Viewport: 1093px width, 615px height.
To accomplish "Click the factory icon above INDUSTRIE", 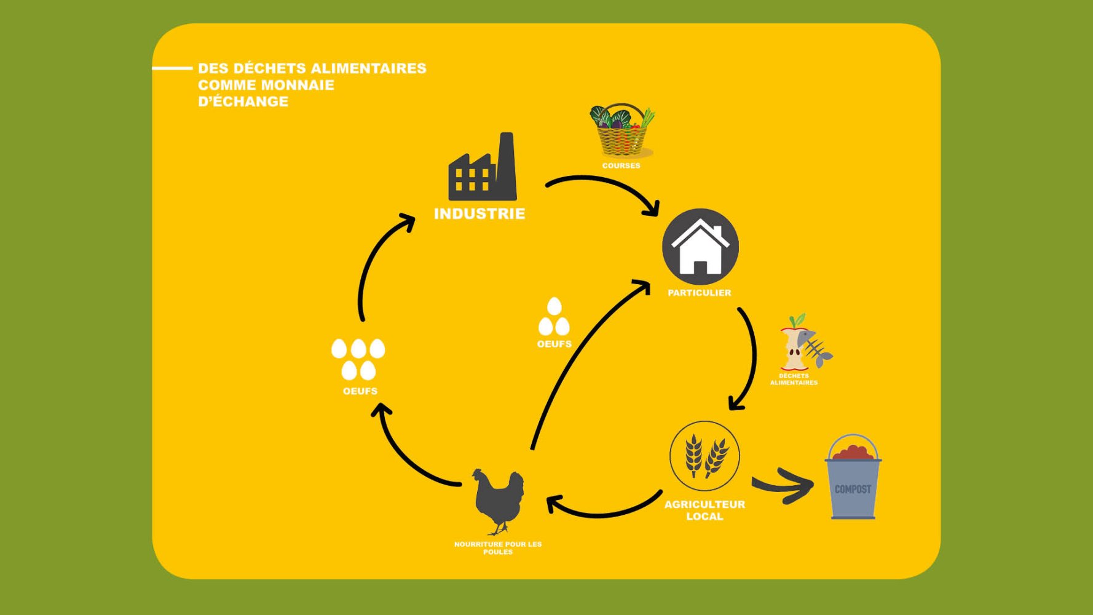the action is tap(483, 167).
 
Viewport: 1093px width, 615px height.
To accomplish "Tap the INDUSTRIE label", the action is tap(479, 213).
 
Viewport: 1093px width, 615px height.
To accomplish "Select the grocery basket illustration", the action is tap(622, 131).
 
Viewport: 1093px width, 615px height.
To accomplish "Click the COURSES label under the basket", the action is tap(621, 165).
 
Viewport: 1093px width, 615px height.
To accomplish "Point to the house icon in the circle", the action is tap(700, 247).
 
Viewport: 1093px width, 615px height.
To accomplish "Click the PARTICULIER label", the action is tap(700, 293).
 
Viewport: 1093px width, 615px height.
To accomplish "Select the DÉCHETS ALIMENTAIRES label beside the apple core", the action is tap(794, 379).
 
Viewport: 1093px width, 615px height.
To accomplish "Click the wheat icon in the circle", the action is tap(704, 456).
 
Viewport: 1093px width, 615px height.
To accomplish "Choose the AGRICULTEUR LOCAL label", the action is tap(704, 510).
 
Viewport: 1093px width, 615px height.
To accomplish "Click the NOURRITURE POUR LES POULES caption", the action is tap(498, 548).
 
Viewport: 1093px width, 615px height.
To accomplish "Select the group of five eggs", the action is tap(358, 359).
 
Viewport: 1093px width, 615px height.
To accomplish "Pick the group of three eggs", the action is tap(554, 317).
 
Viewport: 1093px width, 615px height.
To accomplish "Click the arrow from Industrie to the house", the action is tap(606, 184).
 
